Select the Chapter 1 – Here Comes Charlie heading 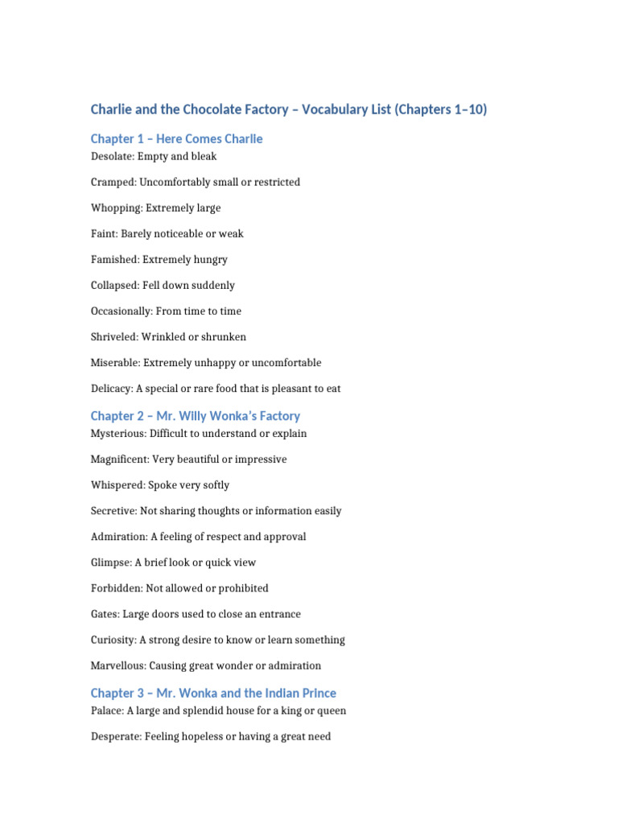tap(176, 139)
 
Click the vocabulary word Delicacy tap(111, 388)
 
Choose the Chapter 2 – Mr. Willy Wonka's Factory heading tap(196, 416)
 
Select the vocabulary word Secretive tap(113, 510)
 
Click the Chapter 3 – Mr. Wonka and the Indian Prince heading tap(213, 693)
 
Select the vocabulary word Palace tap(106, 710)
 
